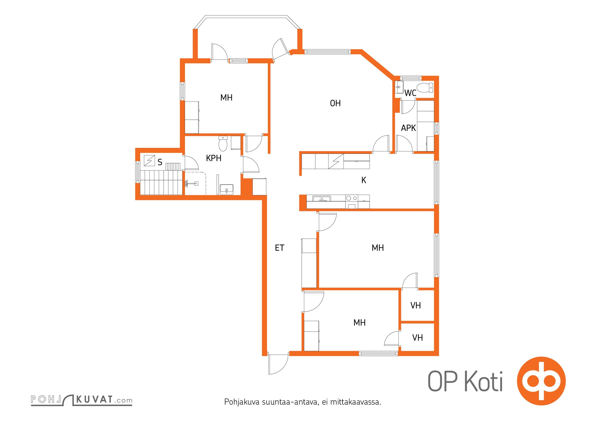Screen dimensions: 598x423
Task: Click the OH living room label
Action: click(335, 103)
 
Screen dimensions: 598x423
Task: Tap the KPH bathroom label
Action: click(214, 158)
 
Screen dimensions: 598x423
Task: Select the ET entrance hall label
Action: click(279, 248)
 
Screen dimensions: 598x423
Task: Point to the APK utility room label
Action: click(408, 128)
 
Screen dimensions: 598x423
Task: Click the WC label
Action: click(410, 93)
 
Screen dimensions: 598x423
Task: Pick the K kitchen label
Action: click(364, 180)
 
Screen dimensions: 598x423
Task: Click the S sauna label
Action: click(160, 162)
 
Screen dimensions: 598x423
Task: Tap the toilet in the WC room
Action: click(425, 88)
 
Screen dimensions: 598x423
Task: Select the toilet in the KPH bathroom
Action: click(223, 144)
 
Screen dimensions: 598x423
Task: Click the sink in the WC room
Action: click(399, 87)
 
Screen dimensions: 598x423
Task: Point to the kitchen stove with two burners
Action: click(352, 202)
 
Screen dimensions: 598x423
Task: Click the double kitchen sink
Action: click(321, 199)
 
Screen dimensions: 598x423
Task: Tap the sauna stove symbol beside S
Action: click(149, 160)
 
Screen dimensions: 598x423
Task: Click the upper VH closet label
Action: click(415, 305)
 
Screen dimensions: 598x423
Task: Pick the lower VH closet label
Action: click(417, 338)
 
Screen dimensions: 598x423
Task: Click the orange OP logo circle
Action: click(541, 381)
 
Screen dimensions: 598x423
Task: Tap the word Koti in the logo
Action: click(484, 381)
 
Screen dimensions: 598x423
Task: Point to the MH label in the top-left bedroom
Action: click(226, 98)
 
